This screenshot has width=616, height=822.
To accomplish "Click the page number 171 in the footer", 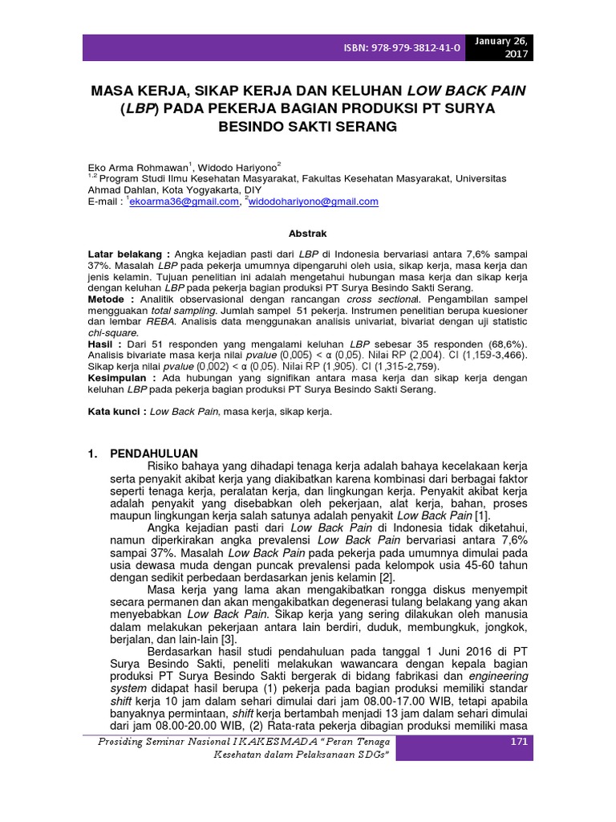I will click(519, 743).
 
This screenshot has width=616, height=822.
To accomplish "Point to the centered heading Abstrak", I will click(307, 234).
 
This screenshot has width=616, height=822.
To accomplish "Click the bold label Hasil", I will click(103, 344).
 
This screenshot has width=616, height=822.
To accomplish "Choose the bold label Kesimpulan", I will click(120, 377).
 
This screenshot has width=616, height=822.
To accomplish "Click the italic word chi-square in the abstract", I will click(112, 332).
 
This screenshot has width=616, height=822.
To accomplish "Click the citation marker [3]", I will click(229, 638).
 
